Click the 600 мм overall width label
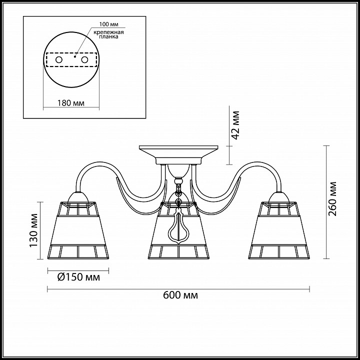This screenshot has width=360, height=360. (180, 295)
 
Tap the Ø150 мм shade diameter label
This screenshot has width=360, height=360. (78, 277)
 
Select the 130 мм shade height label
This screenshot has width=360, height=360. (33, 230)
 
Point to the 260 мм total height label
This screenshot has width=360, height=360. (332, 199)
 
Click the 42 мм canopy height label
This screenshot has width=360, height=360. (235, 125)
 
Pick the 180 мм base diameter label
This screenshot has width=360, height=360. (70, 103)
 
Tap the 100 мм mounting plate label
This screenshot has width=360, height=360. (109, 24)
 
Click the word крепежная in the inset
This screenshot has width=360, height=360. (108, 32)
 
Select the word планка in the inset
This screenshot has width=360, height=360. (108, 36)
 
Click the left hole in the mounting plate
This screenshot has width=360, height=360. (59, 60)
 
